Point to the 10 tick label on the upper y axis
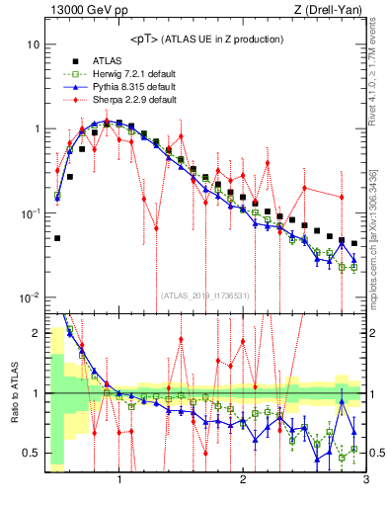[33, 45]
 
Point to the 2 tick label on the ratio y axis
[35, 333]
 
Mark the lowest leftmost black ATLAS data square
[57, 238]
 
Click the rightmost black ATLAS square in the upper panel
[354, 243]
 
